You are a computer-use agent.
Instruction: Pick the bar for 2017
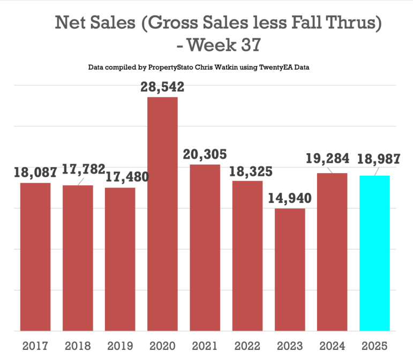pos(35,257)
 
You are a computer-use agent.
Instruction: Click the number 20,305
pos(205,154)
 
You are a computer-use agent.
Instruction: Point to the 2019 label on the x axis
pos(120,346)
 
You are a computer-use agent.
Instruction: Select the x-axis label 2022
pos(247,346)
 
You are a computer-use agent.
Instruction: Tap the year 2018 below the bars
pos(78,346)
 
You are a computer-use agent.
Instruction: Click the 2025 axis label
pos(374,346)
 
